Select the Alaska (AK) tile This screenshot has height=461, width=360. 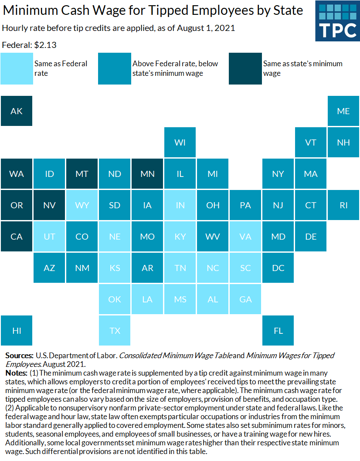click(x=17, y=111)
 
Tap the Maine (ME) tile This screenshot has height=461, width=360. click(x=343, y=111)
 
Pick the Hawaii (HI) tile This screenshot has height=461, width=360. click(x=17, y=331)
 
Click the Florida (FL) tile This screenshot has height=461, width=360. click(x=278, y=331)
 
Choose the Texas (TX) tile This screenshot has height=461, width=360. click(x=115, y=331)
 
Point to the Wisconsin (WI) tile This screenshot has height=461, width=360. click(x=180, y=142)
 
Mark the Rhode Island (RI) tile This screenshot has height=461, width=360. click(x=343, y=205)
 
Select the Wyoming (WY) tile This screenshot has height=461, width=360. click(x=82, y=205)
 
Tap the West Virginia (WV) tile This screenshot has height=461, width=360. click(x=213, y=237)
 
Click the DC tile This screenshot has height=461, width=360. click(x=278, y=268)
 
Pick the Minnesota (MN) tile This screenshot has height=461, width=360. click(x=147, y=174)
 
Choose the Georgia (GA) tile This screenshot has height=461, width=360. click(x=245, y=299)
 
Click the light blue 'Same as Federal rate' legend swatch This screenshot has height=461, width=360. click(x=17, y=68)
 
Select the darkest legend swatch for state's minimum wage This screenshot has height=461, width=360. click(x=245, y=68)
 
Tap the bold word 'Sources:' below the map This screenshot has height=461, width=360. click(x=19, y=356)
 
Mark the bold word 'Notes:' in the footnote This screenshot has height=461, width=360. click(x=16, y=373)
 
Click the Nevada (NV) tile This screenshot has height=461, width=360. click(x=49, y=205)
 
